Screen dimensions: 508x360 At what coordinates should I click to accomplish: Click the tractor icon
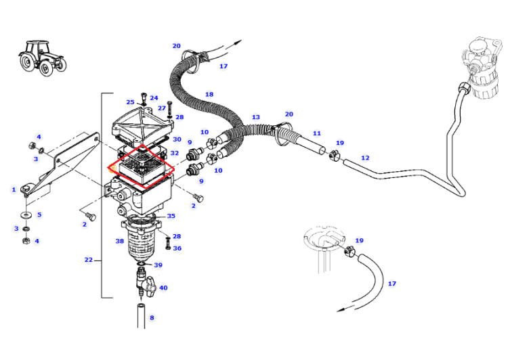pos(42,58)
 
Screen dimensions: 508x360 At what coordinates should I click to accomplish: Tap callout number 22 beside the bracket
pos(89,260)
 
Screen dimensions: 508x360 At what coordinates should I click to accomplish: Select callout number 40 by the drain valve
pos(163,288)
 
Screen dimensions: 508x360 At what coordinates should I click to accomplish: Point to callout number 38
pos(119,241)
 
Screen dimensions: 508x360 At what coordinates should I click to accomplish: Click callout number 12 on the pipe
pos(365,158)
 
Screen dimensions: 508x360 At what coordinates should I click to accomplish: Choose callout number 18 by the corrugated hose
pos(209,94)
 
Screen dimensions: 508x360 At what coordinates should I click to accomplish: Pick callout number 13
pos(255,117)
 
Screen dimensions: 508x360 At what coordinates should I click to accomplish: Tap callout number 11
pos(317,133)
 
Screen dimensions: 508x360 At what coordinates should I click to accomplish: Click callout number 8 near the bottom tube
pos(152,317)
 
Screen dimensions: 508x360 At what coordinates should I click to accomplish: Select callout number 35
pos(171,216)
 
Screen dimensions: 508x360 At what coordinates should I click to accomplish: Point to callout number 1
pos(14,189)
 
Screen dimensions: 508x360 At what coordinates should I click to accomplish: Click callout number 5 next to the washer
pos(39,215)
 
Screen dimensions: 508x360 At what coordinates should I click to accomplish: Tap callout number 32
pos(175,153)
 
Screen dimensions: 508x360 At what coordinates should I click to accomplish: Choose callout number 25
pos(130,102)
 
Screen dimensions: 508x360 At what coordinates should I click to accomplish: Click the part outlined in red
pos(142,166)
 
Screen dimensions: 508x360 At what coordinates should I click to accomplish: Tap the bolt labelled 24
pos(144,97)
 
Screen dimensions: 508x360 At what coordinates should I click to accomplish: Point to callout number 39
pos(158,265)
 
